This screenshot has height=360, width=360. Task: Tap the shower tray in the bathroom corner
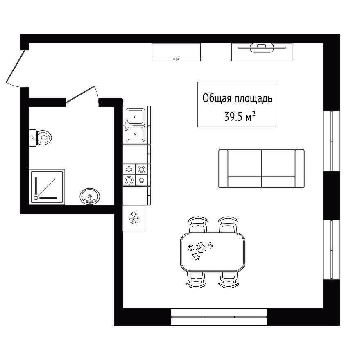click(47, 187)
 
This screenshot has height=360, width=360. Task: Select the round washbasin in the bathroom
click(90, 197)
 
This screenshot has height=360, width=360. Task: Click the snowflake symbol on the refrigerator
click(134, 218)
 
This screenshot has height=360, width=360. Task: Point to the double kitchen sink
click(135, 125)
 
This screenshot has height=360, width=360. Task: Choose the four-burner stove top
click(135, 175)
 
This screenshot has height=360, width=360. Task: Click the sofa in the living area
click(262, 168)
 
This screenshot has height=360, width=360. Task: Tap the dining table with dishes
click(213, 252)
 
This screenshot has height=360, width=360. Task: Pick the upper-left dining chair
click(198, 224)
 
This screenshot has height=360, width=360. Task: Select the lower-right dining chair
click(229, 280)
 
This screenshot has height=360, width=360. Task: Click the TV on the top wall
click(262, 48)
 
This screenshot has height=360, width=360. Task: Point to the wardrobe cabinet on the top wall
click(176, 52)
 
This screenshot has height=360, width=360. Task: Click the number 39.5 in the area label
click(233, 117)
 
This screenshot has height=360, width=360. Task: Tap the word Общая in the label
click(217, 98)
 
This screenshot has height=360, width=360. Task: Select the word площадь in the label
click(253, 99)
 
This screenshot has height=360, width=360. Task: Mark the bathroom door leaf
click(80, 94)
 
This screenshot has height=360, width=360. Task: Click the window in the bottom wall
click(219, 317)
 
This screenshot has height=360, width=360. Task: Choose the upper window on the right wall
click(331, 141)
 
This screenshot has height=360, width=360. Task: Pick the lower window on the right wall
click(331, 249)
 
